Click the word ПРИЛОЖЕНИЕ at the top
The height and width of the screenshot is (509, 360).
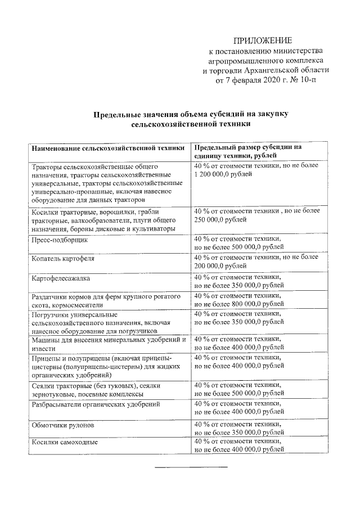pyautogui.click(x=263, y=40)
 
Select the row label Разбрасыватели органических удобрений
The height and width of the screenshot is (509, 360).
pyautogui.click(x=96, y=404)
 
